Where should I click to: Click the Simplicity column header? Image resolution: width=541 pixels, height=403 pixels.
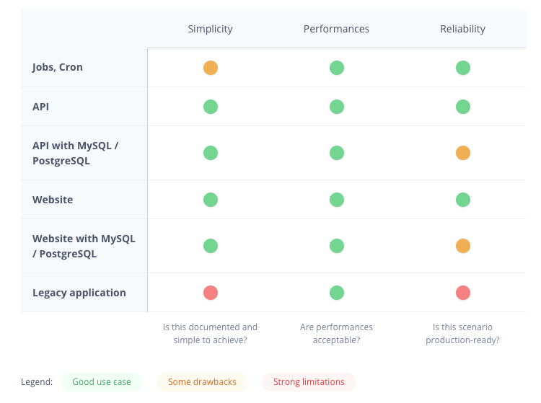pyautogui.click(x=210, y=29)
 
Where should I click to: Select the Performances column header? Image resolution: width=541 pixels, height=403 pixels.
pyautogui.click(x=336, y=29)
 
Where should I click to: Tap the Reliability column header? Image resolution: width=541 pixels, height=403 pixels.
pyautogui.click(x=462, y=29)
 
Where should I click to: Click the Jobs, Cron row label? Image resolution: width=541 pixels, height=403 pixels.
pyautogui.click(x=58, y=67)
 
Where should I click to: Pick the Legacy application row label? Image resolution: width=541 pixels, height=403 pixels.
pyautogui.click(x=79, y=293)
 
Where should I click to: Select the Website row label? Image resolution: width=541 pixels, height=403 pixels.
pyautogui.click(x=53, y=199)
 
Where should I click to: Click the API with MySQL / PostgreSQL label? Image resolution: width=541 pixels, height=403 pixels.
pyautogui.click(x=75, y=153)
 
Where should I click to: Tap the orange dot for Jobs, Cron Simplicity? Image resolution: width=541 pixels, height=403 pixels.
pyautogui.click(x=211, y=68)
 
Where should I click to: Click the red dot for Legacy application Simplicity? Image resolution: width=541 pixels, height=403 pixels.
pyautogui.click(x=211, y=293)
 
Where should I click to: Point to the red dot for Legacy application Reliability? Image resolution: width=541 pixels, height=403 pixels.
pyautogui.click(x=463, y=293)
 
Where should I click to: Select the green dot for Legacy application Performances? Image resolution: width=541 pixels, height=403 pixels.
pyautogui.click(x=337, y=293)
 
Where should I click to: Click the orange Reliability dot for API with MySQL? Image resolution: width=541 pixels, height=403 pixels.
pyautogui.click(x=463, y=153)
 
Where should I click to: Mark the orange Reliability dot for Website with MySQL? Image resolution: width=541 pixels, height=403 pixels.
pyautogui.click(x=463, y=246)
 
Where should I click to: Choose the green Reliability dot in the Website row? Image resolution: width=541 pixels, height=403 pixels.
pyautogui.click(x=463, y=200)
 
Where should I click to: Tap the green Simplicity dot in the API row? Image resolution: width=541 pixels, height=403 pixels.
pyautogui.click(x=211, y=107)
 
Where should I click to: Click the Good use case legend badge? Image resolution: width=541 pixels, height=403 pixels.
pyautogui.click(x=102, y=382)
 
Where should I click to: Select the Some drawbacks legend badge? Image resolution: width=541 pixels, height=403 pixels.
pyautogui.click(x=202, y=382)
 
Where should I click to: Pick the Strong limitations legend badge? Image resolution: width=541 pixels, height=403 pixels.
pyautogui.click(x=309, y=382)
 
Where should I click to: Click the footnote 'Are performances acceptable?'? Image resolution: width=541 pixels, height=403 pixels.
pyautogui.click(x=336, y=333)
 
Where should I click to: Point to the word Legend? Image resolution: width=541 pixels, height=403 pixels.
pyautogui.click(x=37, y=382)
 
